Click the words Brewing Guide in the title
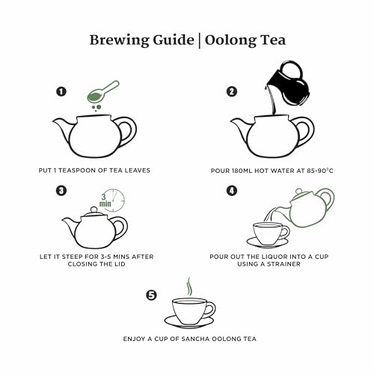131,39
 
